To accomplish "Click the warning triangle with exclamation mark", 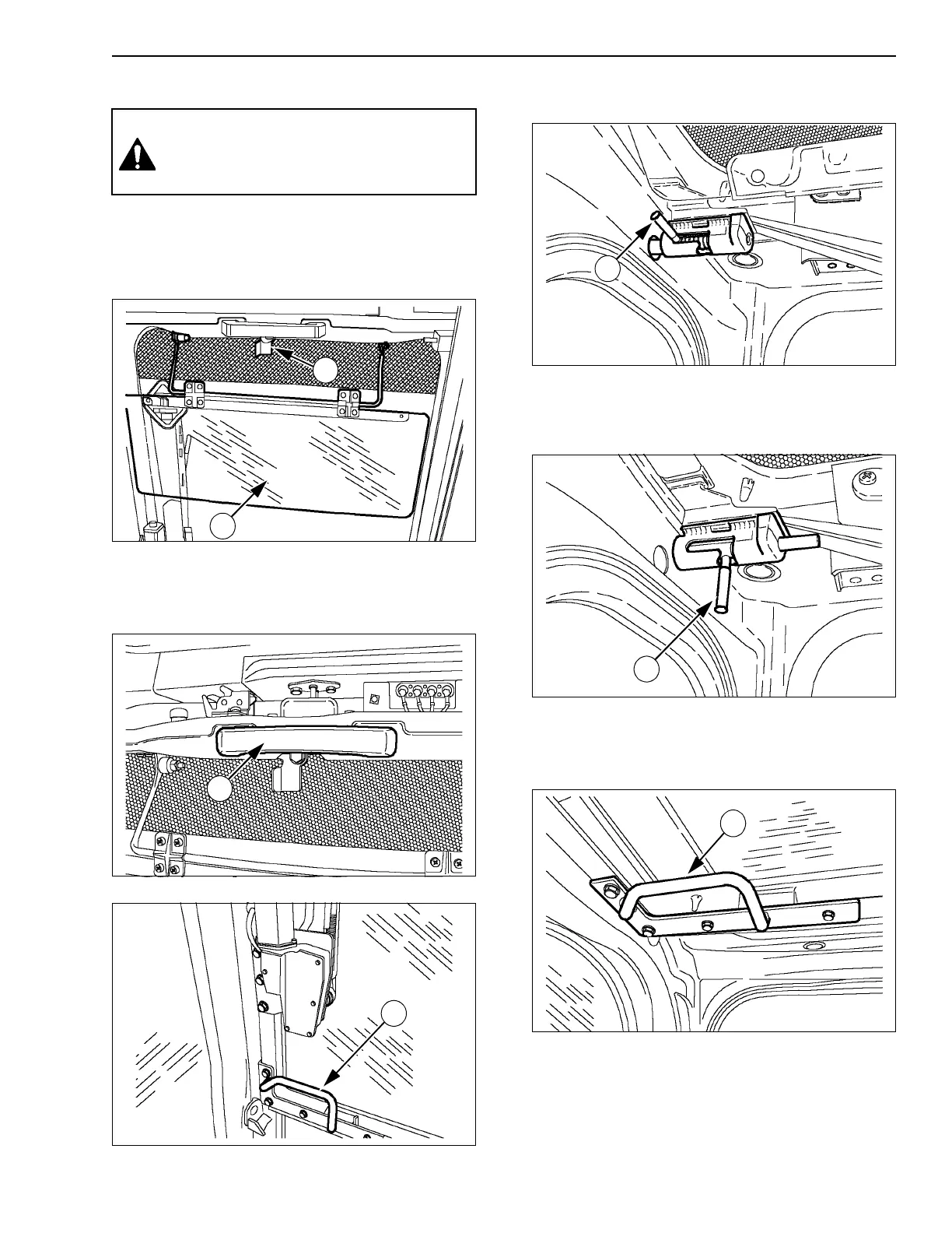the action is [x=138, y=155].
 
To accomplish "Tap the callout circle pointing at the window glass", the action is [x=224, y=527].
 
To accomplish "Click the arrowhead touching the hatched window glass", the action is [x=264, y=487].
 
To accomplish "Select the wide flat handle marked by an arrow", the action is [x=307, y=741].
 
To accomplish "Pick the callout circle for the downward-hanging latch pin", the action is [x=645, y=667].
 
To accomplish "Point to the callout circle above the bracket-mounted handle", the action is [x=732, y=824].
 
